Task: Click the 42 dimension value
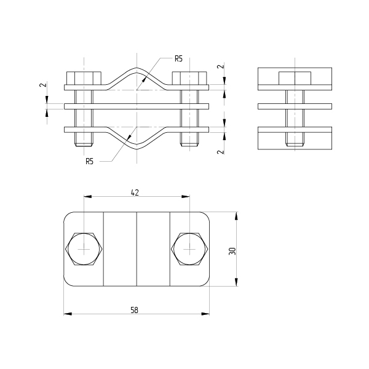(135, 192)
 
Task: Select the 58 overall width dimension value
(134, 310)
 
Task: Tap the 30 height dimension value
(232, 251)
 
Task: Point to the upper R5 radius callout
(178, 58)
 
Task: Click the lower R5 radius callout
(89, 161)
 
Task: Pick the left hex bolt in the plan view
(84, 249)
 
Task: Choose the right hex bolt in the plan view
(189, 249)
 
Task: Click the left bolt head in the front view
(84, 78)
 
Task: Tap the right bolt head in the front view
(189, 78)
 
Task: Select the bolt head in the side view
(295, 78)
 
